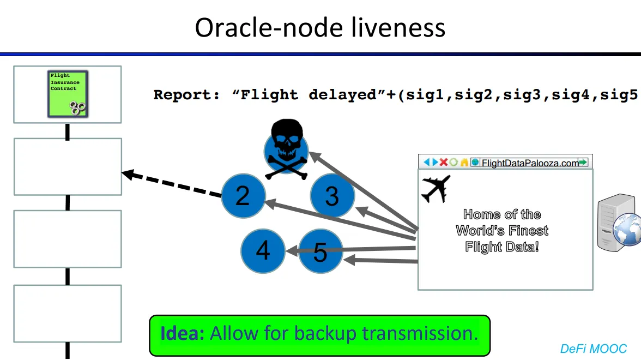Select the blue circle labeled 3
click(332, 196)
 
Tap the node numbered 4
click(263, 251)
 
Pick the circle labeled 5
click(320, 251)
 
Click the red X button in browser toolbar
click(444, 162)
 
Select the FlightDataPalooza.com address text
click(529, 163)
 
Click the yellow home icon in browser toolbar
click(464, 162)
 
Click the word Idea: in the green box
click(183, 333)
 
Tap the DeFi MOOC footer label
click(593, 349)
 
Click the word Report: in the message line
click(187, 95)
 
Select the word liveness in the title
click(398, 27)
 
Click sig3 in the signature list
click(524, 95)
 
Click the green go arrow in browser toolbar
click(583, 162)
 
